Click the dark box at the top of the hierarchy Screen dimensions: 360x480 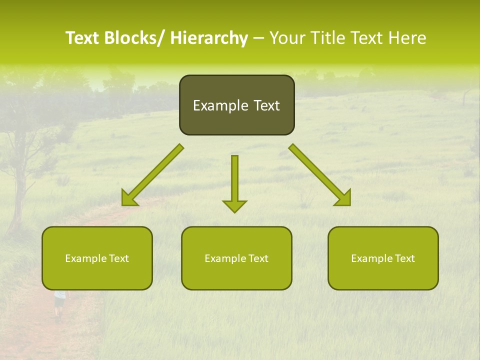tap(236, 105)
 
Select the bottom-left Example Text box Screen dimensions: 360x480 tap(97, 258)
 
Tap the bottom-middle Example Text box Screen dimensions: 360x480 tap(236, 258)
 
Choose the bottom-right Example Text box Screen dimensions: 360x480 tap(383, 258)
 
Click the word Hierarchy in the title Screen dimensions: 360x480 tap(209, 38)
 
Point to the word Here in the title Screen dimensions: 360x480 tap(408, 38)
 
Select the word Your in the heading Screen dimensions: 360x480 tap(286, 38)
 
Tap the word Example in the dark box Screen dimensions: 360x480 tap(220, 105)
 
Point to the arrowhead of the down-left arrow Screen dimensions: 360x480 tap(128, 198)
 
